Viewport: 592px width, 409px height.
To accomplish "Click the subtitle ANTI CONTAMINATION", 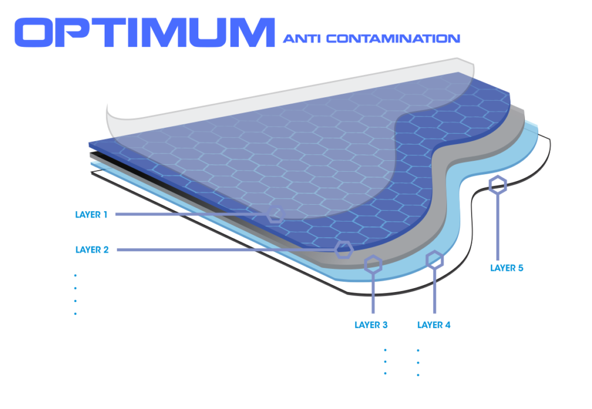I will [371, 39].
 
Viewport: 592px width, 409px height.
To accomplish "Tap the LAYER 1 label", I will [91, 215].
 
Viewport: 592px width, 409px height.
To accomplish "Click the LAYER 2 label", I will [92, 250].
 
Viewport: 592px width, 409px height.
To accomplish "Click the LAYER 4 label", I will [434, 325].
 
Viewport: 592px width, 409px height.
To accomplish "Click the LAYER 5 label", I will [506, 268].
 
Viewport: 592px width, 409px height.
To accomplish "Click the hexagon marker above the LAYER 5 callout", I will [497, 185].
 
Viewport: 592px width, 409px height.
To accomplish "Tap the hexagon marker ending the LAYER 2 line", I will [344, 249].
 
